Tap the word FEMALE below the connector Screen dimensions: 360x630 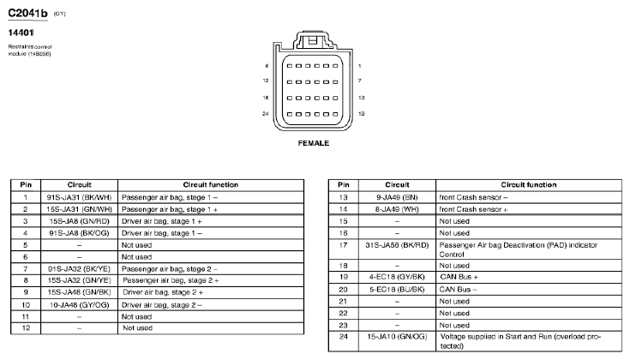[313, 143]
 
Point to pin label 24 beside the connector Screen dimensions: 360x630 [267, 114]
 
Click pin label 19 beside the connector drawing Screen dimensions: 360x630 [360, 114]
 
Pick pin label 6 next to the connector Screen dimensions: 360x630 [268, 65]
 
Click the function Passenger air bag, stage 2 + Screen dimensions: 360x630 [171, 280]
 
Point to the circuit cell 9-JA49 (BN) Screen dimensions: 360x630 [396, 196]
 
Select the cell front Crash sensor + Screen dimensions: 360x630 [473, 208]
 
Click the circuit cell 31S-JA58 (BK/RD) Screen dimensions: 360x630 [396, 244]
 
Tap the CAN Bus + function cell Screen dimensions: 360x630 [459, 277]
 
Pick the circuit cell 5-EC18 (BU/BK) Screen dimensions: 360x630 [396, 289]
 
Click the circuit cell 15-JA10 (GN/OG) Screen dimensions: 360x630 [396, 337]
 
